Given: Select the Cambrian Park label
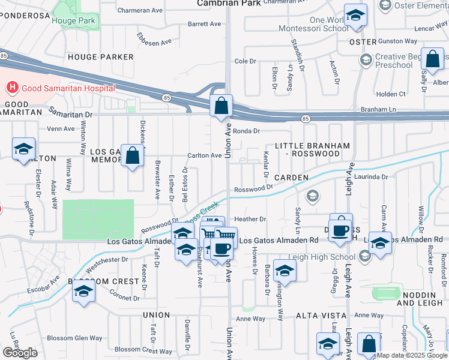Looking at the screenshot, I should (224, 3).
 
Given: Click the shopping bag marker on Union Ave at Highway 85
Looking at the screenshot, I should (221, 106).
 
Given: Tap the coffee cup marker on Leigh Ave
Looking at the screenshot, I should (340, 230).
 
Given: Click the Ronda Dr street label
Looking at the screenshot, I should (246, 131).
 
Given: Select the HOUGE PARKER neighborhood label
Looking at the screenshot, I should (101, 57).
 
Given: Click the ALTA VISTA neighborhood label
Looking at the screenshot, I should (321, 315).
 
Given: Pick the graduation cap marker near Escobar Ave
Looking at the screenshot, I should (83, 292).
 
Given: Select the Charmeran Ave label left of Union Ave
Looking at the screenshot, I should (140, 10).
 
